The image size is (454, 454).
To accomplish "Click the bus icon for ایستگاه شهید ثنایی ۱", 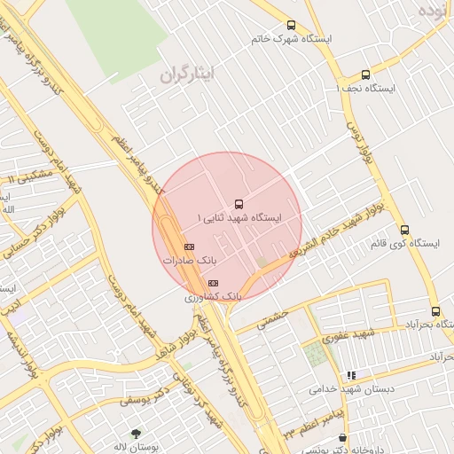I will pyautogui.click(x=237, y=204).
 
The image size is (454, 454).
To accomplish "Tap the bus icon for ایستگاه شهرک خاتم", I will pyautogui.click(x=292, y=26).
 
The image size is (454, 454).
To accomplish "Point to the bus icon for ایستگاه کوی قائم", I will pyautogui.click(x=404, y=229).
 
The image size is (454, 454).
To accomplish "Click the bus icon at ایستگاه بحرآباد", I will pyautogui.click(x=435, y=311).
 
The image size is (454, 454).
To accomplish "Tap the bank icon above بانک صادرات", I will pyautogui.click(x=189, y=247).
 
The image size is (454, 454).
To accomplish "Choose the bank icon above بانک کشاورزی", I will pyautogui.click(x=213, y=282).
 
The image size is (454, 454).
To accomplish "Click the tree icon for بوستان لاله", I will pyautogui.click(x=135, y=434).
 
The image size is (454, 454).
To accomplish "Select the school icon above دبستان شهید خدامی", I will pyautogui.click(x=351, y=376).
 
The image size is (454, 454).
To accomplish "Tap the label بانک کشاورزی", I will pyautogui.click(x=213, y=295).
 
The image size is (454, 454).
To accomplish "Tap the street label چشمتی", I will pyautogui.click(x=272, y=319).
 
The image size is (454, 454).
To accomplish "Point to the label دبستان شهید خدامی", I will pyautogui.click(x=350, y=389).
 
